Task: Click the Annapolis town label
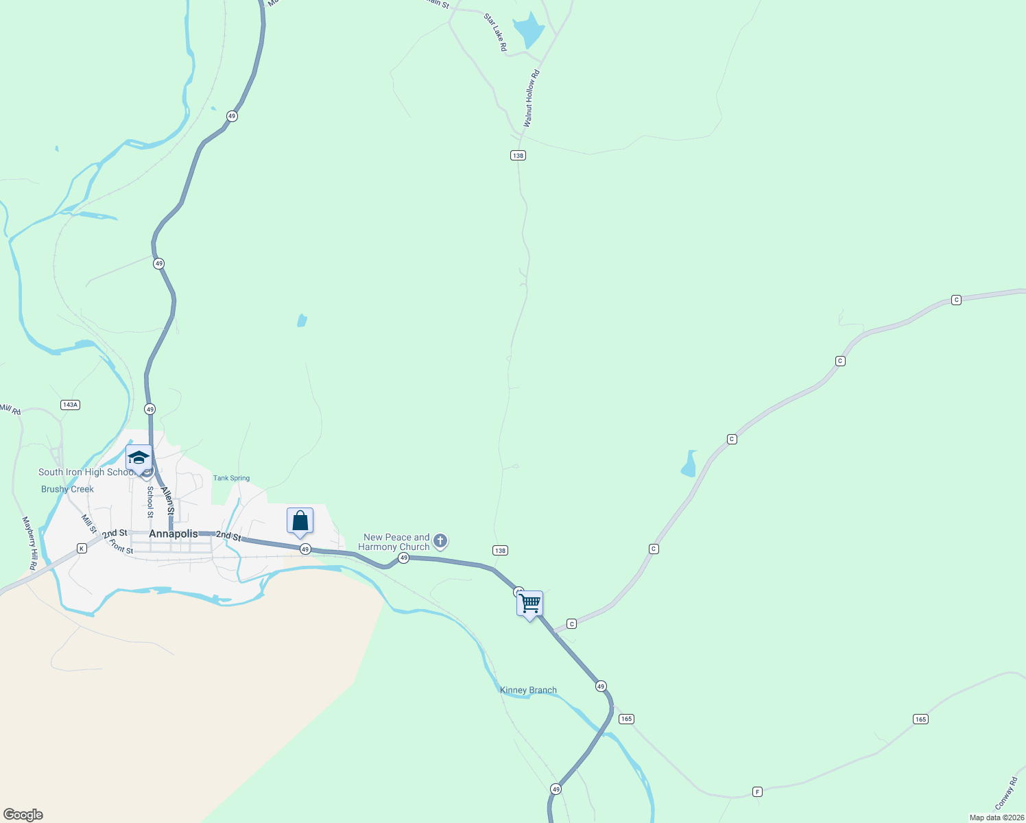tap(173, 534)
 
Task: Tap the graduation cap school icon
tap(139, 457)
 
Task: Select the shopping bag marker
tap(300, 521)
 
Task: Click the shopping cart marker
tap(530, 604)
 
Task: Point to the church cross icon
tap(441, 541)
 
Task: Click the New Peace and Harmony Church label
tap(396, 542)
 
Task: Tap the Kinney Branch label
tap(528, 690)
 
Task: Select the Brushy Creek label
tap(67, 489)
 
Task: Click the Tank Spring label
tap(231, 478)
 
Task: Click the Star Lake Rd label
tap(496, 32)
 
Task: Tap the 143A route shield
tap(70, 405)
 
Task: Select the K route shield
tap(82, 548)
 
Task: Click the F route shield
tap(757, 791)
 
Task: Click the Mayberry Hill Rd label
tap(30, 541)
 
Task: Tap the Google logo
tap(23, 815)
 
